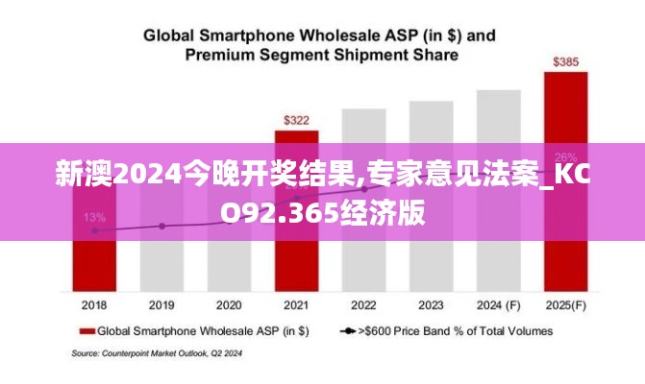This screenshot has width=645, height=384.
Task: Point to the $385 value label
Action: pyautogui.click(x=565, y=62)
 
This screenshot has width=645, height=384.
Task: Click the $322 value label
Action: pyautogui.click(x=296, y=121)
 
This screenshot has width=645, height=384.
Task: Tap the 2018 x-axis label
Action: pyautogui.click(x=94, y=305)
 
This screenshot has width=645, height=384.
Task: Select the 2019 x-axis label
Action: pyautogui.click(x=161, y=305)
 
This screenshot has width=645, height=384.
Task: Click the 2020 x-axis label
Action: pyautogui.click(x=229, y=305)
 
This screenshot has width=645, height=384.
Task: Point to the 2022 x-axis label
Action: pyautogui.click(x=363, y=305)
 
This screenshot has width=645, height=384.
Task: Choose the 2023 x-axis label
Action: pyautogui.click(x=431, y=305)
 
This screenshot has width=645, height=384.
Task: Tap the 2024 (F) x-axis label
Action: pyautogui.click(x=498, y=305)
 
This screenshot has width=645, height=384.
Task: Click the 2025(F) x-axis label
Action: pyautogui.click(x=565, y=305)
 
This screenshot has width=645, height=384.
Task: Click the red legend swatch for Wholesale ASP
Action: pyautogui.click(x=87, y=331)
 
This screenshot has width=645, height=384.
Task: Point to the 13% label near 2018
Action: pyautogui.click(x=94, y=217)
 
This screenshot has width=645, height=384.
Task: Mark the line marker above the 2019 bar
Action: pyautogui.click(x=161, y=227)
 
